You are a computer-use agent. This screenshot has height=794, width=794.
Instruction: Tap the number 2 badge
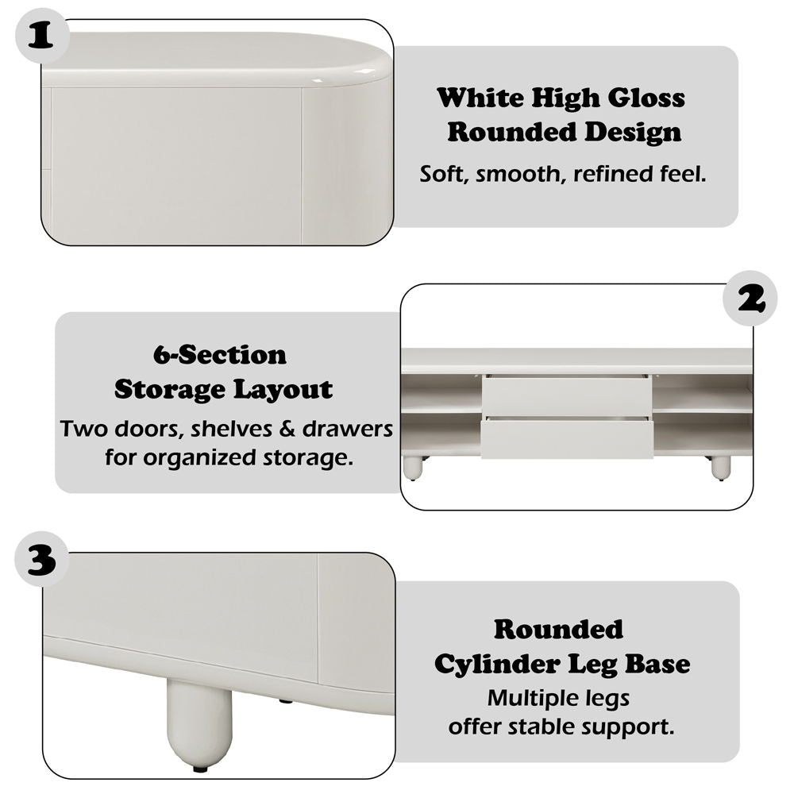coord(750,299)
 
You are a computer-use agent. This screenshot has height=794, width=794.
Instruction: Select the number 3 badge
coord(42,561)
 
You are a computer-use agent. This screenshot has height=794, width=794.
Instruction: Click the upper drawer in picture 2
coord(566,396)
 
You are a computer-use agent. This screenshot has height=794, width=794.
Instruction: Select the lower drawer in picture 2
coord(566,438)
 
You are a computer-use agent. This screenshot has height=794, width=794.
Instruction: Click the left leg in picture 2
coord(413,468)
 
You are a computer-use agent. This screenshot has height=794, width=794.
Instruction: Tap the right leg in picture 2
coord(720,468)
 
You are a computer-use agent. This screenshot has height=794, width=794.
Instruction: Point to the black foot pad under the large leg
coord(200,768)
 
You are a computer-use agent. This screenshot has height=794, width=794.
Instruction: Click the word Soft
coord(445,174)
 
